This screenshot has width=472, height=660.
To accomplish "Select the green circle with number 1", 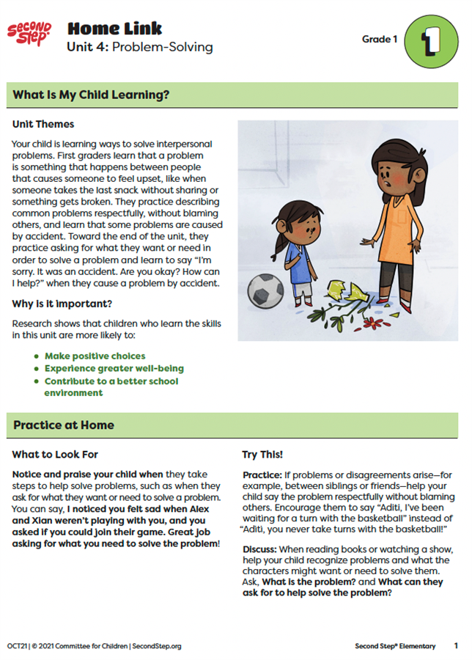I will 432,41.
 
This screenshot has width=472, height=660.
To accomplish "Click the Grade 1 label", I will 380,38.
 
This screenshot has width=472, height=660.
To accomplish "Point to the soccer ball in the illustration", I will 265,291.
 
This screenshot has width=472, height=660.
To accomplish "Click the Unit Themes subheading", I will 43,124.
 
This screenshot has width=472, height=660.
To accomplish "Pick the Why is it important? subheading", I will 62,304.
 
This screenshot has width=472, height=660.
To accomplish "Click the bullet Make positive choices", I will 95,356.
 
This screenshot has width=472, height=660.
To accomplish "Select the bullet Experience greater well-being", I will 114,369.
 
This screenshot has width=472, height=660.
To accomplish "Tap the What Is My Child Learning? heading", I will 91,94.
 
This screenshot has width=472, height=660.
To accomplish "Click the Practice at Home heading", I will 64,425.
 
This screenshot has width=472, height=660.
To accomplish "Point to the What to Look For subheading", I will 55,455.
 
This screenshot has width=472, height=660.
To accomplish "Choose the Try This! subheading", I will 262,455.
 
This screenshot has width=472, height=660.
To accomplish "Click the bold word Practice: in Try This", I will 261,475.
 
